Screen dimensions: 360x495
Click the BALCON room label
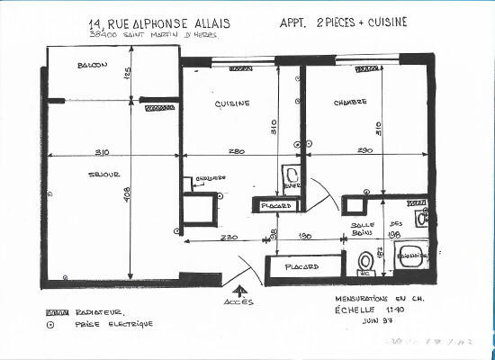point(93,66)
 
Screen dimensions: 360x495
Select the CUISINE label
point(231,104)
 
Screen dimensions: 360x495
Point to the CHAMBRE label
point(350,102)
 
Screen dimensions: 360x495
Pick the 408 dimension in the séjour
point(129,193)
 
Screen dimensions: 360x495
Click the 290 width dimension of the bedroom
point(365,150)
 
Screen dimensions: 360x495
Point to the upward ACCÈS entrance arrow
point(240,291)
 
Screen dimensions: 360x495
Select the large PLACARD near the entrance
point(303,268)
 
